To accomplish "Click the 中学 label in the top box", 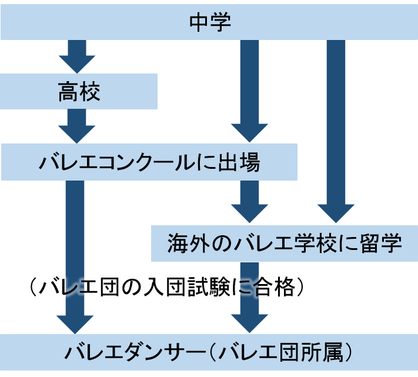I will coord(210,22).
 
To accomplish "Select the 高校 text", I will coord(79,92).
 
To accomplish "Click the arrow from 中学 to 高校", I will coord(77,56).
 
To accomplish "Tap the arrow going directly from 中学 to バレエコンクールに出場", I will coord(249,88).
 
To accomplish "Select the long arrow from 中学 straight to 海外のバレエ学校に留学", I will coord(336,129).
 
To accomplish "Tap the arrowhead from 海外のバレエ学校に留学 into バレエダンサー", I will coord(249,321).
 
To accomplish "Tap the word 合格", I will coord(280,288).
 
